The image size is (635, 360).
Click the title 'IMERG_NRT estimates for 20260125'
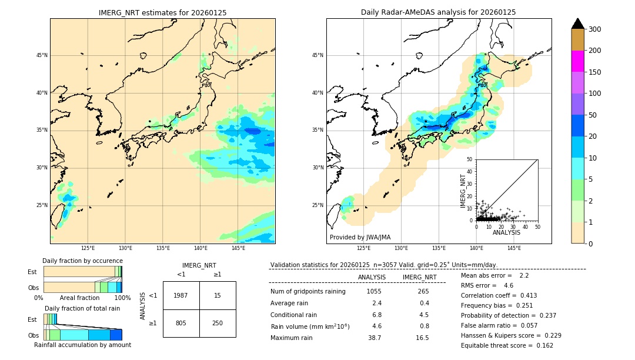click(x=162, y=12)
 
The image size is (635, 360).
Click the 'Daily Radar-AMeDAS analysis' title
click(x=438, y=12)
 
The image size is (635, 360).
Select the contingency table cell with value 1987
click(x=181, y=295)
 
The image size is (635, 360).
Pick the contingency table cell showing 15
click(x=218, y=295)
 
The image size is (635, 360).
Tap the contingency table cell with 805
click(x=181, y=323)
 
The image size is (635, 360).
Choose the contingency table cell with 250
click(x=218, y=323)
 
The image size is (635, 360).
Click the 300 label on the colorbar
click(x=596, y=29)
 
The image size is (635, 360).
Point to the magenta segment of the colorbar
click(x=577, y=61)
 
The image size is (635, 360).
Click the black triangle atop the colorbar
click(x=577, y=24)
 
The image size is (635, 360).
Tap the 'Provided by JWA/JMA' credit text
click(x=360, y=238)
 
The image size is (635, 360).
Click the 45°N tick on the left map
click(x=42, y=55)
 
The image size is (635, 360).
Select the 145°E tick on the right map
click(x=514, y=249)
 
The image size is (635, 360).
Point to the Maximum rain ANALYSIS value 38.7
click(x=375, y=338)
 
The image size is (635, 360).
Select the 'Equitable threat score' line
click(x=507, y=345)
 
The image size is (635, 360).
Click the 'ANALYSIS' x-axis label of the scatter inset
click(x=506, y=233)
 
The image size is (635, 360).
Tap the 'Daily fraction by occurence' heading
click(x=82, y=261)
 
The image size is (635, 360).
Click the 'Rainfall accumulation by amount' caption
click(x=82, y=345)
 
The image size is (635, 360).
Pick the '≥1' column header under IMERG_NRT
click(x=217, y=274)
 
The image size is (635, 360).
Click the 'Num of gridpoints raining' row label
click(x=308, y=292)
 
